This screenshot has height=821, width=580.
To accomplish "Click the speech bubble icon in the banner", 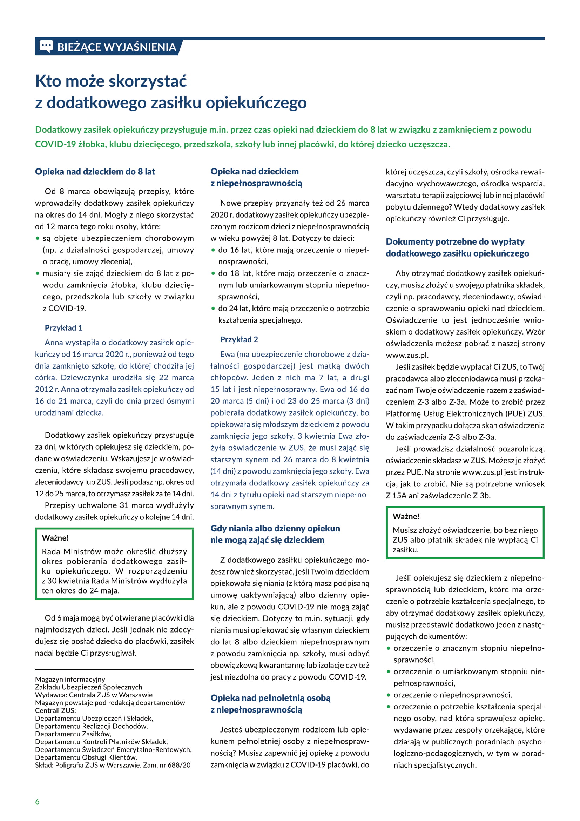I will coord(46,46).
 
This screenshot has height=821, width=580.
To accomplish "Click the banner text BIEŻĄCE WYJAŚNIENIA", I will coord(116,47).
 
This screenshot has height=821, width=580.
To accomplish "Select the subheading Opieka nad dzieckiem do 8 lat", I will coord(95,172).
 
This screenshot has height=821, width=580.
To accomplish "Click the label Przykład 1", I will coord(63,328).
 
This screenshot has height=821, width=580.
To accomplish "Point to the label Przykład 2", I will coord(239,339).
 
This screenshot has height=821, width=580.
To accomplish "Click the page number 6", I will coord(38,801).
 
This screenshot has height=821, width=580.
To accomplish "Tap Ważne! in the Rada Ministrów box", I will coord(55,538).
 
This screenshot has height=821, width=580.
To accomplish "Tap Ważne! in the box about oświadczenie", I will coord(406,516).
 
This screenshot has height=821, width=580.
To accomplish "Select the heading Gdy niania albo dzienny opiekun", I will coord(275,528).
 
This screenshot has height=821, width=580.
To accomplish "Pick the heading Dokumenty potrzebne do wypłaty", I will coord(455,242).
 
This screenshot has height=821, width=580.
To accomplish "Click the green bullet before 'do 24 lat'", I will coord(213,309).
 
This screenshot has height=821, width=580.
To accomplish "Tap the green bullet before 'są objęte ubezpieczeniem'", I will coord(38,238).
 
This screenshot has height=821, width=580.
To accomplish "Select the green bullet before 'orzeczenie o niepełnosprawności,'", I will coord(389,695).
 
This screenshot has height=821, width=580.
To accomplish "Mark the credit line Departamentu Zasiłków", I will coord(73,734).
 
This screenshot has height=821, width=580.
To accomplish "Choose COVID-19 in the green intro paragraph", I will coord(55,144).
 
